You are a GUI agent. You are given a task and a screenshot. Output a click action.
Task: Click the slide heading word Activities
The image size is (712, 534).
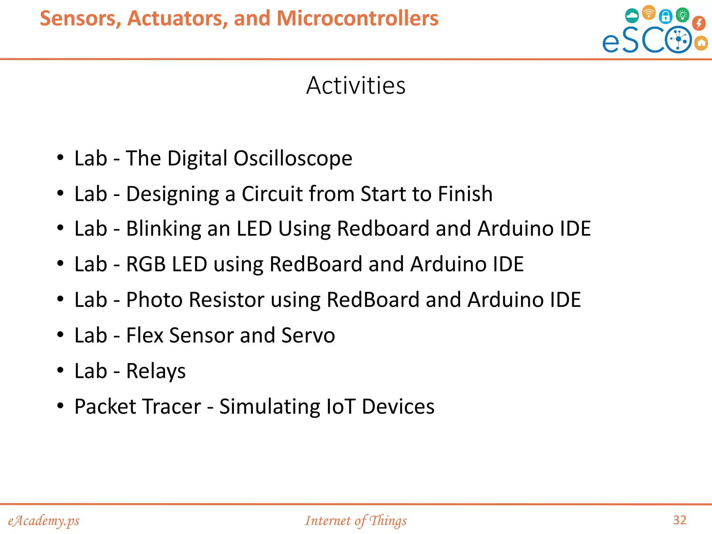[x=356, y=86]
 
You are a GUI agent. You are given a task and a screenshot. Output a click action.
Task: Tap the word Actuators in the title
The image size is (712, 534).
[x=177, y=18]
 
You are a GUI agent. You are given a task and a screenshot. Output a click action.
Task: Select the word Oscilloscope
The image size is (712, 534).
[x=293, y=159]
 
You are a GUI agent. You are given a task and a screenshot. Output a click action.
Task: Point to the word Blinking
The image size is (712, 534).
[x=163, y=229]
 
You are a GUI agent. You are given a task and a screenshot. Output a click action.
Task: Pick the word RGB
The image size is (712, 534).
[x=146, y=264]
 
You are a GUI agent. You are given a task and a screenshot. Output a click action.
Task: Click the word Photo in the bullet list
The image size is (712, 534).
[x=154, y=300]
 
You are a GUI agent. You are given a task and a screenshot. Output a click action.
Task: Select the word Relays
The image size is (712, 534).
[x=156, y=371]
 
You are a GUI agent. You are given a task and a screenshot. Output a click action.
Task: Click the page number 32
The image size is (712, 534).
[x=680, y=520]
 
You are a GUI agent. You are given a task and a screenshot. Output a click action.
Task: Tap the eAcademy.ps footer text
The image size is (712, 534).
[x=44, y=521]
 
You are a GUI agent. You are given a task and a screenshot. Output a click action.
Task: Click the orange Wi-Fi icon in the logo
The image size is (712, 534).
[x=649, y=13]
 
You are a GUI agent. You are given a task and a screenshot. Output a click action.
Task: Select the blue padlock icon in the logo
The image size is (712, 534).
[x=665, y=16]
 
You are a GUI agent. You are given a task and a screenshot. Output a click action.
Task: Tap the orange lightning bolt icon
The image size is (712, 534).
[x=699, y=23]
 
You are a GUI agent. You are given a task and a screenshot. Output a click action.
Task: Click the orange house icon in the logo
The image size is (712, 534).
[x=702, y=43]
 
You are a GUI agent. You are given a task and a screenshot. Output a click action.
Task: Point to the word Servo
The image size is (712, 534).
[x=308, y=335]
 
